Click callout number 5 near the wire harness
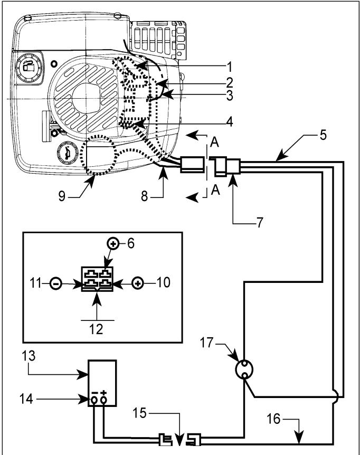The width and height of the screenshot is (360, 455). (x=323, y=135)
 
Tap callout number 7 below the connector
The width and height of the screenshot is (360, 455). (x=259, y=222)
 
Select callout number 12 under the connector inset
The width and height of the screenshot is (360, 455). (x=96, y=329)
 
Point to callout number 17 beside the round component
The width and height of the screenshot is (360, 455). (x=207, y=343)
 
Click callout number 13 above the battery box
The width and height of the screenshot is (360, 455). (x=29, y=356)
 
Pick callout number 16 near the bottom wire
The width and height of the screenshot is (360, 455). (x=273, y=419)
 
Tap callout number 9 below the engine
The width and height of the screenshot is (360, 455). (x=62, y=196)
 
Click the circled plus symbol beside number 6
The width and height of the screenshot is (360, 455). (x=113, y=243)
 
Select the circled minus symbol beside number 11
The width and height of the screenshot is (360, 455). (x=56, y=283)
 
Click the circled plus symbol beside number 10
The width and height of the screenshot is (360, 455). (x=138, y=283)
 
